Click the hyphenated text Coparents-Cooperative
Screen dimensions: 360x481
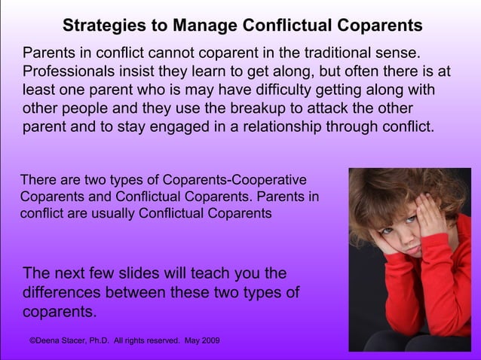(227, 182)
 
